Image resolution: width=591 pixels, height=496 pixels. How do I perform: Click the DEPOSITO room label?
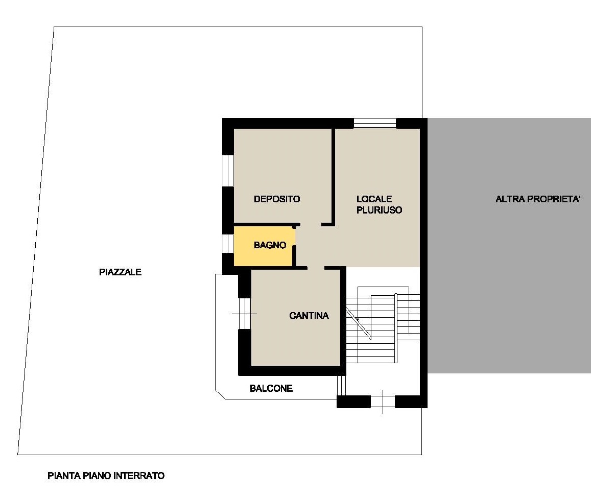277,199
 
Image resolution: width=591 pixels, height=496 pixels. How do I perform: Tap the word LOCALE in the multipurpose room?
374,199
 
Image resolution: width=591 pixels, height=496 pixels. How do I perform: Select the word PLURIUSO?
379,210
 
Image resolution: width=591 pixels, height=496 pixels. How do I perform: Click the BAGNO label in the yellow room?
270,245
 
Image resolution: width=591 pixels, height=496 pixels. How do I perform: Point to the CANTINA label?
309,316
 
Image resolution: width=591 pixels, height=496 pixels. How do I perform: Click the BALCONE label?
271,388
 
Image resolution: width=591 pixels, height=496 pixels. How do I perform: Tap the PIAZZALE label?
120,272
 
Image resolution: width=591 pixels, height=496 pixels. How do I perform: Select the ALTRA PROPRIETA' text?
537,199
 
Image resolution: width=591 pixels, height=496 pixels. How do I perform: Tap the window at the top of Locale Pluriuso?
374,123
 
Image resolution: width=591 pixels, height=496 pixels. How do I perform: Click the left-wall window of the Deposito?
228,171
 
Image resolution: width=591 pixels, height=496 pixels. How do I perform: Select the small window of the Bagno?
228,243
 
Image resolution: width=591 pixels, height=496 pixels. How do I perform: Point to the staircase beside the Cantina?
383,325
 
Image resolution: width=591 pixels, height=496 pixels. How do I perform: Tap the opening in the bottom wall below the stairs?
383,402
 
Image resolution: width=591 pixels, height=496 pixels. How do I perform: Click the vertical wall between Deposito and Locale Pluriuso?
333,176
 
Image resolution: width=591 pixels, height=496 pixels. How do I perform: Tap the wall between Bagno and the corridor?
294,255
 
